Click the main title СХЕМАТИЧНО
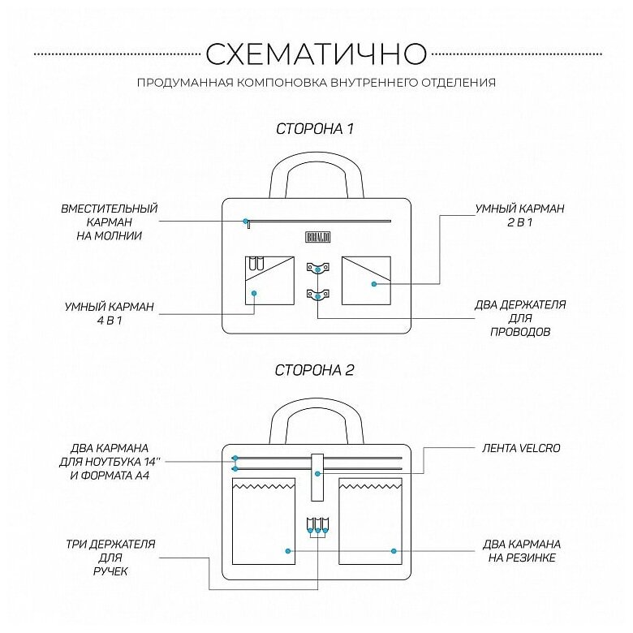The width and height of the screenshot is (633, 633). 316,54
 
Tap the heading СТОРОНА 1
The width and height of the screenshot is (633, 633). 315,128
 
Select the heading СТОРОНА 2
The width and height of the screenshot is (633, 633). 315,370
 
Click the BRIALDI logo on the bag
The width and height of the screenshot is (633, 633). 316,236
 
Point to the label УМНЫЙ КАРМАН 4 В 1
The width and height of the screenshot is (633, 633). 110,314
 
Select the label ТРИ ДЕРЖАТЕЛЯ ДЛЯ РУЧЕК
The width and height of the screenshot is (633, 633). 110,558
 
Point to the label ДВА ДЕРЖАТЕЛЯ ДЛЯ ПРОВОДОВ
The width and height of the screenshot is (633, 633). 520,318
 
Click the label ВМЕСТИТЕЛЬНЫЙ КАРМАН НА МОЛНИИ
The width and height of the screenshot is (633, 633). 110,222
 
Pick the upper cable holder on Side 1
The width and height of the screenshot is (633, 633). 318,267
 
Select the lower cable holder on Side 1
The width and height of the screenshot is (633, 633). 318,295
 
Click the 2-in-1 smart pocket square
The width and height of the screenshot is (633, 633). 366,280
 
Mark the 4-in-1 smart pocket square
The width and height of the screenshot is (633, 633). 269,280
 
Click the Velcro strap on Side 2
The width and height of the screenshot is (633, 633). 318,477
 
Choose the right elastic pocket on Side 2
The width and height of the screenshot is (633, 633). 370,522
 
